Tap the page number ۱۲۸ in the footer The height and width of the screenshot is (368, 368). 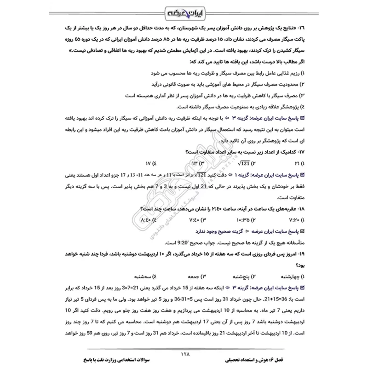[184, 354]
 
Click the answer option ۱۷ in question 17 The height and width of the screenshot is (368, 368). [148, 164]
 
